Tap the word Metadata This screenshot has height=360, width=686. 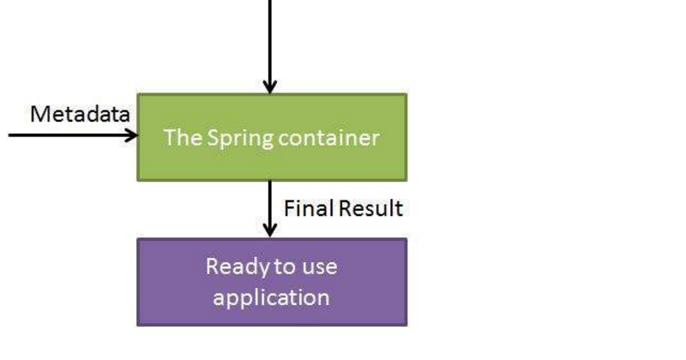(81, 114)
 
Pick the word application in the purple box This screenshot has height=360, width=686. (272, 297)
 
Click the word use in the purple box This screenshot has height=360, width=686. (319, 267)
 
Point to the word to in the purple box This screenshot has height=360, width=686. (284, 267)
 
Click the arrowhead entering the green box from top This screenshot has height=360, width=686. (270, 86)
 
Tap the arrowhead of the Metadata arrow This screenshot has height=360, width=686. (131, 135)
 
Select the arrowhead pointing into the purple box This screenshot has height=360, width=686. (270, 230)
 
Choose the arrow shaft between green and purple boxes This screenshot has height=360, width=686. (270, 201)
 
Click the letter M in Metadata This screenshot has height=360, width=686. (39, 114)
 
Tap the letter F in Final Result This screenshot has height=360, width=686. (289, 208)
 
